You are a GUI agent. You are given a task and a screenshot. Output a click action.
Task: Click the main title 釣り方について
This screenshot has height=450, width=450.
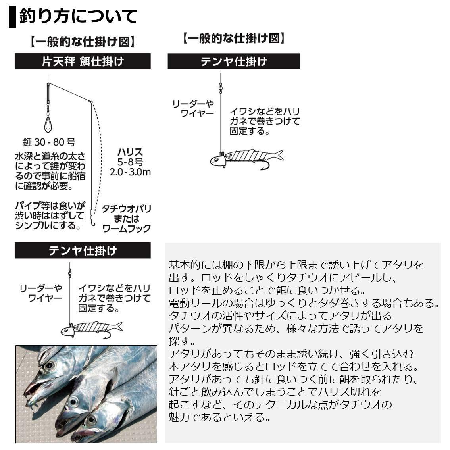point(78,16)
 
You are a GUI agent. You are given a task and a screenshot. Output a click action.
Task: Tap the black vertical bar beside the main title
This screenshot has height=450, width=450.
point(12,17)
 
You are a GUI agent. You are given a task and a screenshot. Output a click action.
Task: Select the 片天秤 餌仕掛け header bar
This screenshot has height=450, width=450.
point(83,62)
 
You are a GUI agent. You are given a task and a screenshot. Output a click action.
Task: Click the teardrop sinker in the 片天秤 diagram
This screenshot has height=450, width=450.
point(48,124)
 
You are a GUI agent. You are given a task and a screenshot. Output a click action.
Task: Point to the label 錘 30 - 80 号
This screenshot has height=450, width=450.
point(49,142)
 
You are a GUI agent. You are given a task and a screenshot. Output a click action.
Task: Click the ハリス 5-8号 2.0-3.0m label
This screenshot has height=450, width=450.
point(130,162)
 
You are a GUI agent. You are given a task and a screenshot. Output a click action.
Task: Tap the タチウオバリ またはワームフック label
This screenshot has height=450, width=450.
point(127,219)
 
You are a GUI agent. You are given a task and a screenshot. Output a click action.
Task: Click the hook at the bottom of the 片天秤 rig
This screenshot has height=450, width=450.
point(94,224)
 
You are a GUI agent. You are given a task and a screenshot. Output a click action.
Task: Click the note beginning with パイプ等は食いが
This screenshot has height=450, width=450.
point(50,215)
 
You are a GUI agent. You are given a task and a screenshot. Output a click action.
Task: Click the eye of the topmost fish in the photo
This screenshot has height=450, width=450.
point(49,365)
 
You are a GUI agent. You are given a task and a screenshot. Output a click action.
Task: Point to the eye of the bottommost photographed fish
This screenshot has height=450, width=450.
point(91,420)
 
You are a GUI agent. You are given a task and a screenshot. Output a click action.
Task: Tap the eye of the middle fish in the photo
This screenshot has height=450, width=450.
point(73,402)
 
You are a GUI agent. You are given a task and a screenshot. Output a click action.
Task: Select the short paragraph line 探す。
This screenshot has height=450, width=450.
point(182,341)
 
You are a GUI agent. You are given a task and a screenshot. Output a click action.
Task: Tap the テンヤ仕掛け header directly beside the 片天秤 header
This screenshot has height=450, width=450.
point(234,62)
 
